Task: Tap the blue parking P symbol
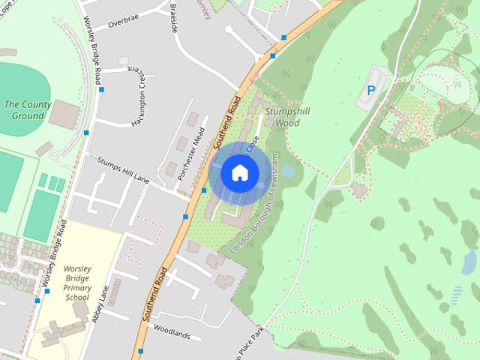click(370, 90)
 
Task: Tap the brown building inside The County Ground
click(65, 113)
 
